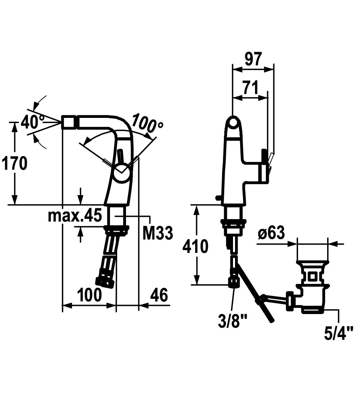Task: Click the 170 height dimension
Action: (x=14, y=163)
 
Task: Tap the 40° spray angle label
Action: (x=32, y=122)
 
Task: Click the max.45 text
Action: (x=75, y=215)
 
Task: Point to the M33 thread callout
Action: (x=157, y=233)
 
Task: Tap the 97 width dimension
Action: (x=253, y=59)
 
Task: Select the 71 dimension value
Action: (x=251, y=88)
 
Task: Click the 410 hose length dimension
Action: (x=195, y=246)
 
